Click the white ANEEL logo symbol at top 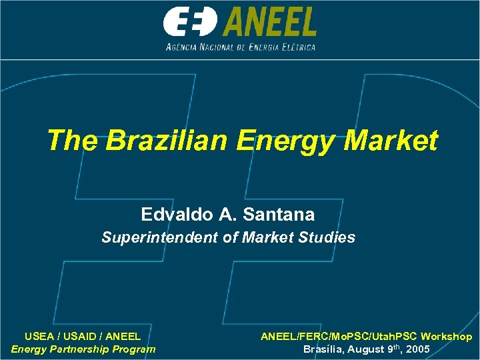pos(191,22)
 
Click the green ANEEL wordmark pos(269,22)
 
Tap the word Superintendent pos(160,237)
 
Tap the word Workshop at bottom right pos(446,337)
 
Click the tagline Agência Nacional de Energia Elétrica pos(240,47)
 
